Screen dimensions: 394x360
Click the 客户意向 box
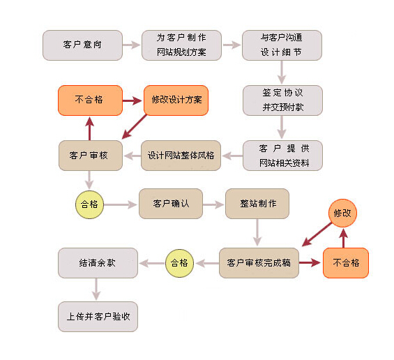(x=82, y=45)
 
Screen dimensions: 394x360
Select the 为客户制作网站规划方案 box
(x=181, y=45)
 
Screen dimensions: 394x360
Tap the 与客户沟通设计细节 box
(x=282, y=45)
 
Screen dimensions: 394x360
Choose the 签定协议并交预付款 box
(x=282, y=100)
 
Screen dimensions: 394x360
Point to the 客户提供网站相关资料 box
(x=282, y=156)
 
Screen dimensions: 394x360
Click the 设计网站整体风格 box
(x=181, y=156)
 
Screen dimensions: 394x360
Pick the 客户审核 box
(x=91, y=156)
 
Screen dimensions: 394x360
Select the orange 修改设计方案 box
(x=176, y=100)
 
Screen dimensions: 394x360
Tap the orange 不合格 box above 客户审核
(x=90, y=100)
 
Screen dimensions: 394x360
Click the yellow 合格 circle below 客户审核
(x=89, y=204)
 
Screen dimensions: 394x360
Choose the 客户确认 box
(x=171, y=204)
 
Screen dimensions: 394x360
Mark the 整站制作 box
(x=257, y=204)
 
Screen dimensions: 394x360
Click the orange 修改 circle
(x=342, y=213)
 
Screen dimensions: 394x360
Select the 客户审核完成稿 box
(x=259, y=263)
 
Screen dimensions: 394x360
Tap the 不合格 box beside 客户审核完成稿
(x=346, y=263)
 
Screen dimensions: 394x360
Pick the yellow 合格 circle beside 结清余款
(x=179, y=263)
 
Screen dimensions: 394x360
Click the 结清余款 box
(x=98, y=263)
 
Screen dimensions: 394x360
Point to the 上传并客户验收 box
(x=98, y=317)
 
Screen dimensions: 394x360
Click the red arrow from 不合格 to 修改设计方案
(x=132, y=100)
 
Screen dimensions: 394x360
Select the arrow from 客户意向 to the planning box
(x=131, y=45)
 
